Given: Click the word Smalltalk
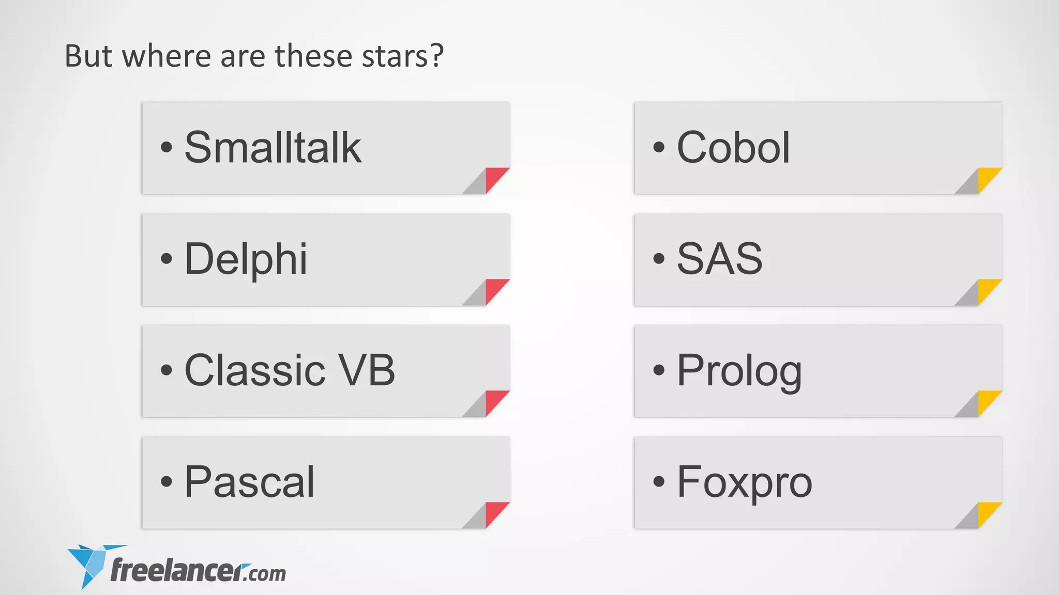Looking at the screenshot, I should [273, 148].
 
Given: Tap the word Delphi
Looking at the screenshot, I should [246, 259].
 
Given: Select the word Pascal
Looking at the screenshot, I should [249, 482].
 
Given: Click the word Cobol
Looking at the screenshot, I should [733, 148].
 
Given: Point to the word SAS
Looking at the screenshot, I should [719, 259].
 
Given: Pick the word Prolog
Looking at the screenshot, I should [739, 371].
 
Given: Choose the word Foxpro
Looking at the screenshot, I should [745, 482].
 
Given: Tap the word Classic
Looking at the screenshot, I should [255, 370].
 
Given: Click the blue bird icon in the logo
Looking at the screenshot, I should [89, 565].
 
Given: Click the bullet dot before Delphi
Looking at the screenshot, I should [166, 258].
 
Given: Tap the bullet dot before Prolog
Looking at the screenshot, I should [658, 370].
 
